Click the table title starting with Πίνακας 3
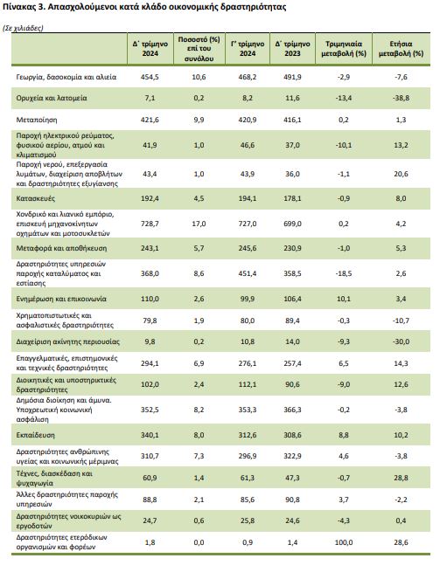click(144, 7)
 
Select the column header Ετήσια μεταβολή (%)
click(401, 49)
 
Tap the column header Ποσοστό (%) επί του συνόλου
click(199, 49)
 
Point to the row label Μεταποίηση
click(37, 120)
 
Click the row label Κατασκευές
click(36, 198)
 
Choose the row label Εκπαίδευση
click(36, 435)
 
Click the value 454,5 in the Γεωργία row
click(150, 77)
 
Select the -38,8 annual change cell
click(401, 98)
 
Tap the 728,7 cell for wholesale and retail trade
click(150, 224)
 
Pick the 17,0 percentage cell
click(199, 224)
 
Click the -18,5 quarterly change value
click(344, 273)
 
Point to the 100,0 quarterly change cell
click(344, 542)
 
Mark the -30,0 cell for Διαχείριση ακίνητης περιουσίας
click(401, 341)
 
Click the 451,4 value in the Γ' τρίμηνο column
click(248, 273)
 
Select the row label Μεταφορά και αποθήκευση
click(62, 248)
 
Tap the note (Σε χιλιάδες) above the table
click(23, 29)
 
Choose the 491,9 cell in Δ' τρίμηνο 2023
click(292, 77)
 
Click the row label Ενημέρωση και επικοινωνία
click(61, 299)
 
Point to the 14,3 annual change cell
click(401, 363)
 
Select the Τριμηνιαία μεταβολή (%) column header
click(344, 49)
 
